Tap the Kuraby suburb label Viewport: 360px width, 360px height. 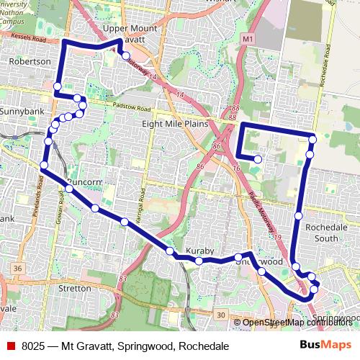pyautogui.click(x=200, y=251)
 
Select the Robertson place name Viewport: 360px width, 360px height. pyautogui.click(x=30, y=62)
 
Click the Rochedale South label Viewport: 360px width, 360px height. pyautogui.click(x=321, y=232)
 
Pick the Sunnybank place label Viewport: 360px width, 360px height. pyautogui.click(x=22, y=112)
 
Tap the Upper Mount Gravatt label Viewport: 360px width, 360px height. pyautogui.click(x=130, y=33)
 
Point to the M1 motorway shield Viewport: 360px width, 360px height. pyautogui.click(x=248, y=37)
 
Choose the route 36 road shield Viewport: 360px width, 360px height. pyautogui.click(x=16, y=269)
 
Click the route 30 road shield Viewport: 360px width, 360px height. pyautogui.click(x=220, y=315)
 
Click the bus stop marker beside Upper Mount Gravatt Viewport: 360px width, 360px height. pyautogui.click(x=125, y=55)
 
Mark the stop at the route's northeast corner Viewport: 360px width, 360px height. pyautogui.click(x=312, y=138)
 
